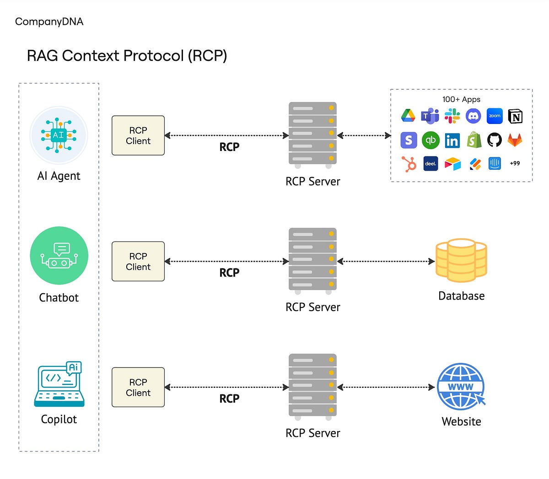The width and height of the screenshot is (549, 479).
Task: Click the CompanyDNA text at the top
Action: [49, 22]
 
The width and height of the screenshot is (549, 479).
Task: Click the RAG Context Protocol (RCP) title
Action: [127, 56]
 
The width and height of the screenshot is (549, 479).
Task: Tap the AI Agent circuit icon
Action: [59, 135]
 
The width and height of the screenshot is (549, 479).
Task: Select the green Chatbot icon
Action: [59, 256]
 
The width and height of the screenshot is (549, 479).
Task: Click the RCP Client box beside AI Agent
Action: [138, 135]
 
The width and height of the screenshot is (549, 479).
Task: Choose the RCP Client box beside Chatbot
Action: [138, 261]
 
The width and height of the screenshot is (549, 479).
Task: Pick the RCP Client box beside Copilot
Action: [138, 387]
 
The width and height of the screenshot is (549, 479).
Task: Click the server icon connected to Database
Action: [312, 260]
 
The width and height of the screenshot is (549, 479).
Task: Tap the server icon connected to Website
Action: [312, 386]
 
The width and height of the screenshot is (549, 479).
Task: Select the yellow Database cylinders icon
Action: [461, 260]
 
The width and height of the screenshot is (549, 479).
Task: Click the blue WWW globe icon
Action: [461, 387]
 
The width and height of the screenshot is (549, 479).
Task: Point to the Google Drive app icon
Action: [408, 116]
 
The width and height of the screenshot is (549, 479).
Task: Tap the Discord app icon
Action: [473, 116]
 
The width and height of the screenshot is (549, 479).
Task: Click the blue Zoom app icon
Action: [495, 116]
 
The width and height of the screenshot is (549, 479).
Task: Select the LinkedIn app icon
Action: [452, 140]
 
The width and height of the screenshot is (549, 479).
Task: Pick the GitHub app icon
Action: [494, 140]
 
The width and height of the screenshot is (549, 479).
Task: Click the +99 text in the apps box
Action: [515, 163]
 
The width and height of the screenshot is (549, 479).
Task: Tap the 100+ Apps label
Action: [461, 99]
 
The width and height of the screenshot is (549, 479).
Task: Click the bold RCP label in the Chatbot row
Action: [229, 273]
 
